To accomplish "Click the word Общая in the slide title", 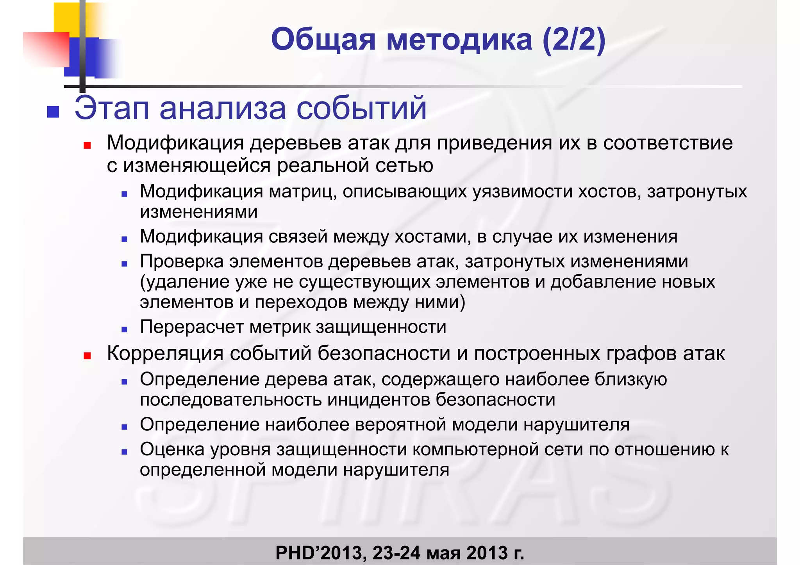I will pyautogui.click(x=323, y=40).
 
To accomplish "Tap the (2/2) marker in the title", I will pyautogui.click(x=574, y=40).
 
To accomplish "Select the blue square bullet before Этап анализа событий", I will pyautogui.click(x=53, y=112).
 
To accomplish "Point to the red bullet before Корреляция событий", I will pyautogui.click(x=87, y=356).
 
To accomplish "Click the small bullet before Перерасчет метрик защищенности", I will pyautogui.click(x=124, y=329).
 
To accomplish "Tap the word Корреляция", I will pyautogui.click(x=165, y=354).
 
